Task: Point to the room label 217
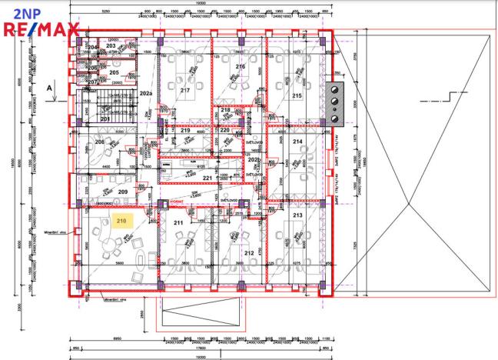(x=185, y=90)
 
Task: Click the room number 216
(x=240, y=67)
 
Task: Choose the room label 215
(x=297, y=95)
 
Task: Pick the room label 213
(x=297, y=216)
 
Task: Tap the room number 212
(x=249, y=252)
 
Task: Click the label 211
(x=178, y=223)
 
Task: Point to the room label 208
(x=99, y=143)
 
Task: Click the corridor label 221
(x=207, y=178)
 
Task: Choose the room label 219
(x=185, y=131)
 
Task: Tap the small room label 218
(x=225, y=110)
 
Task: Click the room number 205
(x=114, y=72)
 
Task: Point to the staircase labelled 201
(x=105, y=119)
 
